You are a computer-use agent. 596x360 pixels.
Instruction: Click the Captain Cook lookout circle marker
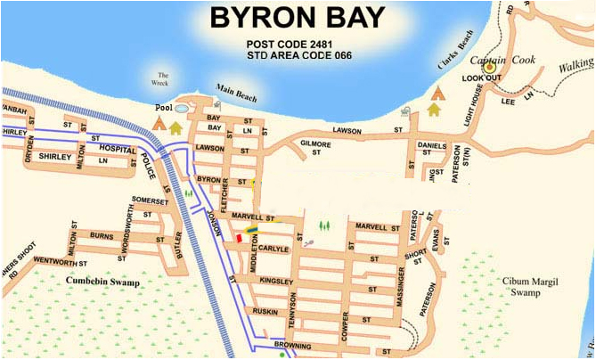[x=487, y=66]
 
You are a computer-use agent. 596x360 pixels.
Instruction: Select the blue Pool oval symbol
[x=182, y=108]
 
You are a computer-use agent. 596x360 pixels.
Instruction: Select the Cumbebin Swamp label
[x=102, y=281]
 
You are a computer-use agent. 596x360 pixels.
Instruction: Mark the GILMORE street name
[x=315, y=144]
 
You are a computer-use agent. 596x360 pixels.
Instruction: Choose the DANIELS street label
[x=432, y=145]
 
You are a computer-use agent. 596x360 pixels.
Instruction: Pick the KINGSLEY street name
[x=275, y=282]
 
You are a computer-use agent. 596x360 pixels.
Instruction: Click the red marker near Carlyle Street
[x=238, y=238]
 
